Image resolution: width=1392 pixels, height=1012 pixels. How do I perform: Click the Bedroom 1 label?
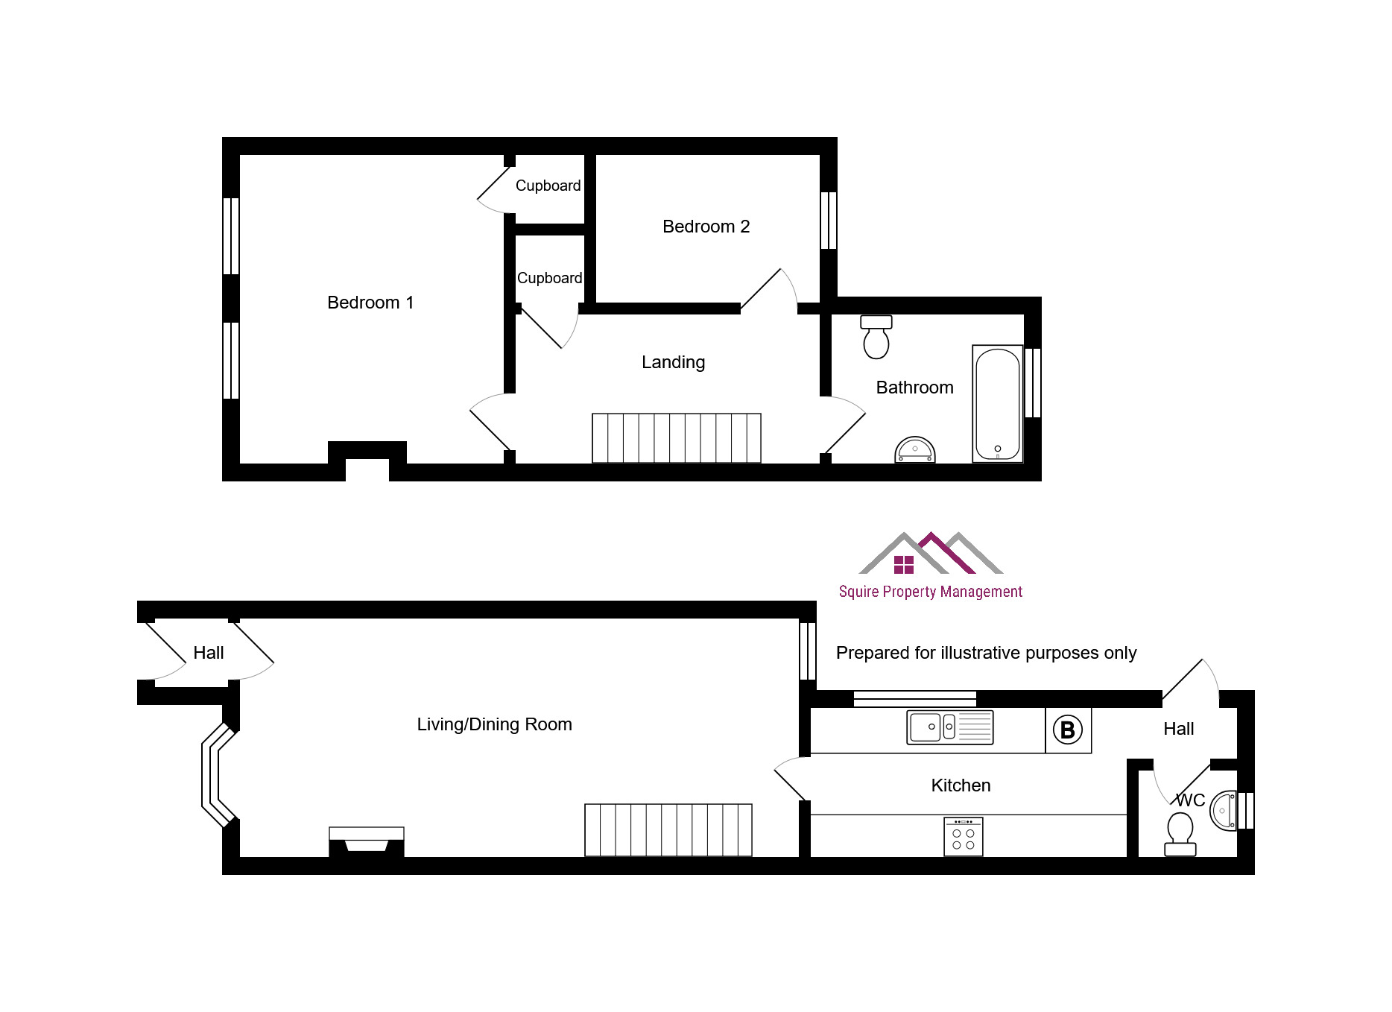coord(370,303)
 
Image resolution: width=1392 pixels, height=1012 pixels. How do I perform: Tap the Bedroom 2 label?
coord(706,227)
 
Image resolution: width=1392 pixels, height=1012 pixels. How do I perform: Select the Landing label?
coord(673,362)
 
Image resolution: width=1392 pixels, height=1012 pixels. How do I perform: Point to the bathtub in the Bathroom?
coord(998,404)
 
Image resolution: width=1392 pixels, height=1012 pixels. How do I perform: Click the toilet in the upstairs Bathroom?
coord(876,337)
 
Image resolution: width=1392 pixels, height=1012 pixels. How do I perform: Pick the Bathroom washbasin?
coord(914,450)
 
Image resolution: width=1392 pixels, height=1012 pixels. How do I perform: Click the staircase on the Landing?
coord(677,438)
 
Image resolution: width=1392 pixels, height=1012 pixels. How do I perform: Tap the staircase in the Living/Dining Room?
coord(668,830)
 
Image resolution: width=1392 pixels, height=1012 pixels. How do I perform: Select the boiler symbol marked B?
coord(1068,730)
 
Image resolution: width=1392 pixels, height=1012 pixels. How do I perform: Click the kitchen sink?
coord(950,727)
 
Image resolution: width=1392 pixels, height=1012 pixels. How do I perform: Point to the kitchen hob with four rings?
coord(964,837)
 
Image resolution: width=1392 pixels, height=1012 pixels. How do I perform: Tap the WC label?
coord(1190,800)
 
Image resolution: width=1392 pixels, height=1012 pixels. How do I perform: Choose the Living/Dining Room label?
coord(494,724)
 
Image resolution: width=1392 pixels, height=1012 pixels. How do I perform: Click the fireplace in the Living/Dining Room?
coord(367,841)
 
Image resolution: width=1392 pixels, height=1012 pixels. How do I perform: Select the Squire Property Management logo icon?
coord(931,553)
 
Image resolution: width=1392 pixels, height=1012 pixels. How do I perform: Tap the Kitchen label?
coord(961,785)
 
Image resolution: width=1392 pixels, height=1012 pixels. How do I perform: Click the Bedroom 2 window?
coord(829,221)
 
